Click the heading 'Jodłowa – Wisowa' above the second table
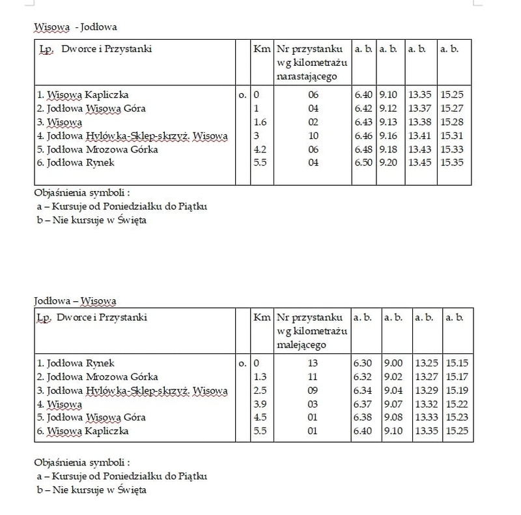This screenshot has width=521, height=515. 75,301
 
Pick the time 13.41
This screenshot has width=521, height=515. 419,136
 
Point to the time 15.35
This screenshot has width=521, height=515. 452,162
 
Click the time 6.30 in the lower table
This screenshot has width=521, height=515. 363,364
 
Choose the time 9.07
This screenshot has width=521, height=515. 393,404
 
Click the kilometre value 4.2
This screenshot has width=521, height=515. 260,149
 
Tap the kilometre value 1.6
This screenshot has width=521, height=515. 260,122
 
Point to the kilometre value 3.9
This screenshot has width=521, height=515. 260,404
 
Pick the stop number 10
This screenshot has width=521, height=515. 313,136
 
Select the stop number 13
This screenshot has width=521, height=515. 313,364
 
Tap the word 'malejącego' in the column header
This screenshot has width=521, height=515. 305,344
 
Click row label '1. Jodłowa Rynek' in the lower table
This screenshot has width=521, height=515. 76,364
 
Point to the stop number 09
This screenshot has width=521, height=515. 313,390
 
